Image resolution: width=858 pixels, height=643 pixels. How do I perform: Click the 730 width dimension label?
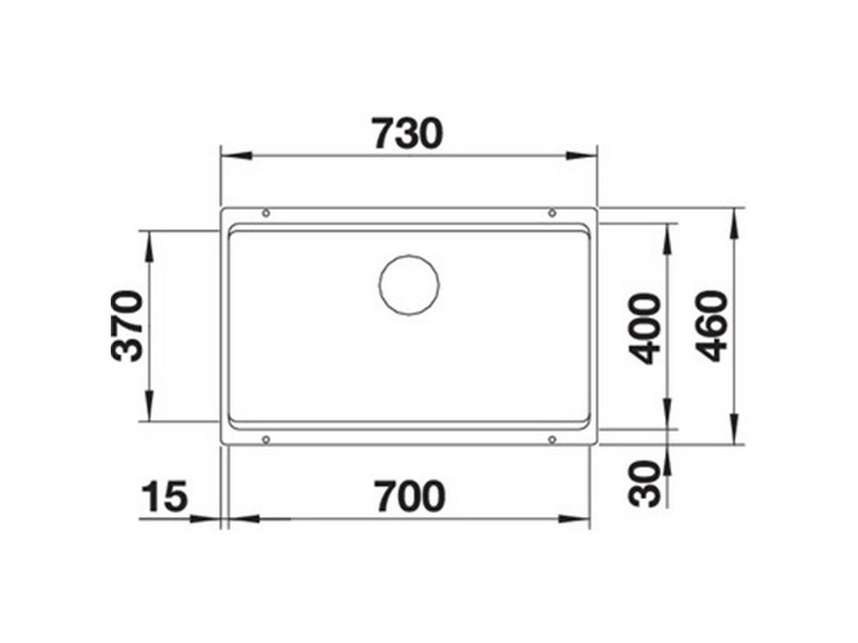pyautogui.click(x=407, y=134)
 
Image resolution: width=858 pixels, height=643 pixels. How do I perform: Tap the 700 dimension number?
pyautogui.click(x=410, y=496)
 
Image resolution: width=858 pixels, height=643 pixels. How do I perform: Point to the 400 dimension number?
pyautogui.click(x=645, y=329)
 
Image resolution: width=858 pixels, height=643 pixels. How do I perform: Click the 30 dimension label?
pyautogui.click(x=645, y=484)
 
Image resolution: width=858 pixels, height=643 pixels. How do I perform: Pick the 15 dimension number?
pyautogui.click(x=164, y=496)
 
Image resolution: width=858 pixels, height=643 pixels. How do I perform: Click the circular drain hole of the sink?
pyautogui.click(x=409, y=284)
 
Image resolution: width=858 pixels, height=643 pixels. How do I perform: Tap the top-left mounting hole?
pyautogui.click(x=266, y=213)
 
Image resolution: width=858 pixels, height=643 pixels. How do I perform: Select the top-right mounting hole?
pyautogui.click(x=552, y=213)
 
